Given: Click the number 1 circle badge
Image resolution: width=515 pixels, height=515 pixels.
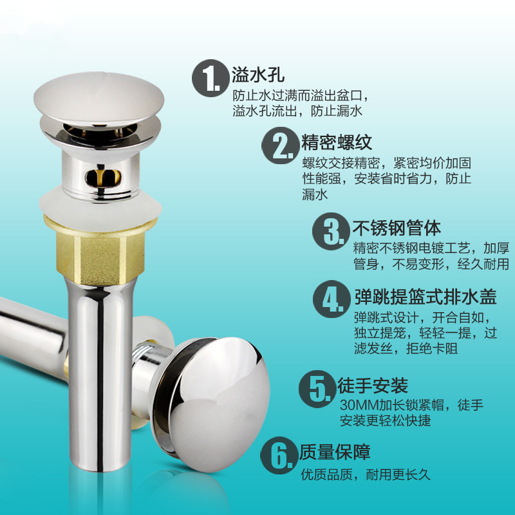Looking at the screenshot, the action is (211, 78).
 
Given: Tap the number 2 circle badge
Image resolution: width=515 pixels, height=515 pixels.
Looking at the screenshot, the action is (280, 145).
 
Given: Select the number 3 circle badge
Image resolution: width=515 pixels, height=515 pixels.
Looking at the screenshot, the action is (331, 231).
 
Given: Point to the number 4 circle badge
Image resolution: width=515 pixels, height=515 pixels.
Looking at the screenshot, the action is (332, 299).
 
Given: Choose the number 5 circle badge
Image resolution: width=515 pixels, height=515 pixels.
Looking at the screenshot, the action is (317, 389).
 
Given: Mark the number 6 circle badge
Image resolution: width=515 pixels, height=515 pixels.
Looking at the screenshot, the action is (279, 455).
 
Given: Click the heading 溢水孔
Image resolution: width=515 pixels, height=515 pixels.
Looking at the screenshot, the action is (258, 75).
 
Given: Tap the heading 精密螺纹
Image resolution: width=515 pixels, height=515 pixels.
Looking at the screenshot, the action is (337, 142).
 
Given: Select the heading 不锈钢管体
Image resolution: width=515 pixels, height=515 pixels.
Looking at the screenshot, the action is (397, 228).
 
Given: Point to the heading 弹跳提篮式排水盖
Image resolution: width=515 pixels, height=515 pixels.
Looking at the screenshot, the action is (426, 297).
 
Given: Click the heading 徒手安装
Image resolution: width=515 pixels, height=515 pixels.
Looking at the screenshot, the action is (373, 385).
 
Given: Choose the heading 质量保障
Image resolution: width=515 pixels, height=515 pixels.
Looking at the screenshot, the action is (335, 452).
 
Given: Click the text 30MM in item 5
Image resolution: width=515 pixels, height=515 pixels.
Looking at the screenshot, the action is (359, 405).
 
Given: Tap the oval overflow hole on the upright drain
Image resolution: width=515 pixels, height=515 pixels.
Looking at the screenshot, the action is (103, 178).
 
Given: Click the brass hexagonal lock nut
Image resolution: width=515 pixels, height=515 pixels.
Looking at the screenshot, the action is (100, 251).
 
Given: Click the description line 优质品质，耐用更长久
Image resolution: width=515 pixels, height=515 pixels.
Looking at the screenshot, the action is (366, 474).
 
